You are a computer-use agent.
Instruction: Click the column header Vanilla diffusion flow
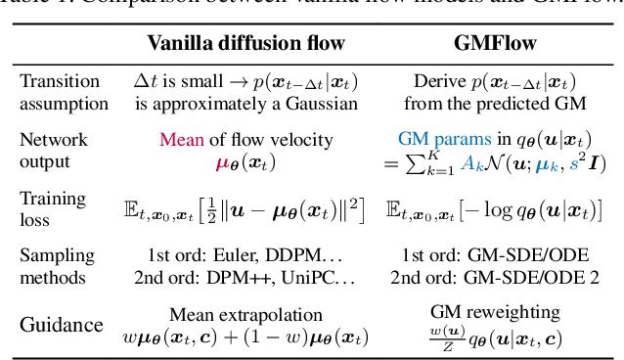coord(240,43)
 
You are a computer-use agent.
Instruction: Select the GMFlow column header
coord(492,43)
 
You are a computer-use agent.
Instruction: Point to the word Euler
coord(234,256)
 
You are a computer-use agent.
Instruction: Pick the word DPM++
coord(237,276)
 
